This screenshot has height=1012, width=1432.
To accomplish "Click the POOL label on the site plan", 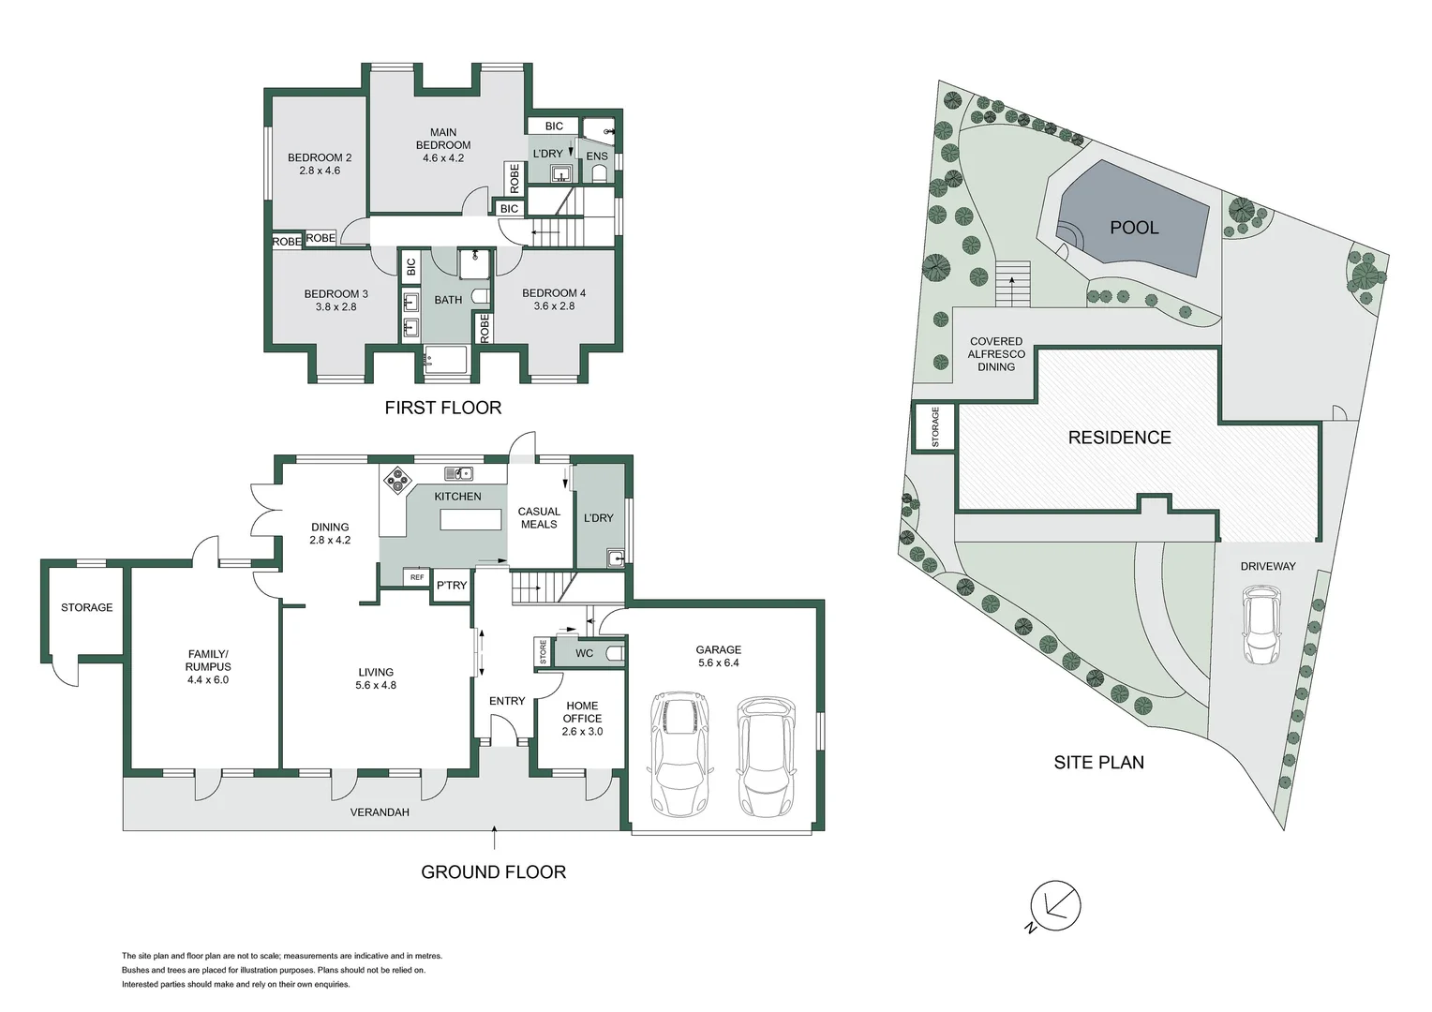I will click(x=1134, y=228).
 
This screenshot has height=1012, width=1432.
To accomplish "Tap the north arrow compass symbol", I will click(x=1055, y=906).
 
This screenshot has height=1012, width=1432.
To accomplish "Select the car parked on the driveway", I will click(x=1261, y=625).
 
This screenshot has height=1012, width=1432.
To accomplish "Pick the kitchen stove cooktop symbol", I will click(x=397, y=480).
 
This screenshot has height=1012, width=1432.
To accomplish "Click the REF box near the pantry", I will click(x=417, y=577).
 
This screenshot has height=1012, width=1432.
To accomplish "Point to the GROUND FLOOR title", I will click(x=493, y=872).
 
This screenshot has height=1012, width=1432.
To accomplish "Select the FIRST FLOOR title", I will click(x=442, y=408).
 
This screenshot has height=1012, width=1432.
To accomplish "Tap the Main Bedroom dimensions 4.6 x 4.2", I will click(x=443, y=158).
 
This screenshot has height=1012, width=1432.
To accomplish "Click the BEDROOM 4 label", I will click(x=554, y=293).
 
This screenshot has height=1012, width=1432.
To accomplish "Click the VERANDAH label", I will click(x=380, y=812).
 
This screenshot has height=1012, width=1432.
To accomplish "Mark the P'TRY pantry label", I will click(x=452, y=586).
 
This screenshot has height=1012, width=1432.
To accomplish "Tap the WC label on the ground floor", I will click(x=584, y=653).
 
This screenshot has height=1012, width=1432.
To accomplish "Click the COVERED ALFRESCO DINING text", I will click(x=996, y=354).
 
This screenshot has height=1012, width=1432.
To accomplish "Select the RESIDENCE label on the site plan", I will click(x=1119, y=438).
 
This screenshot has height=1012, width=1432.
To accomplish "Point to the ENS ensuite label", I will click(x=597, y=156).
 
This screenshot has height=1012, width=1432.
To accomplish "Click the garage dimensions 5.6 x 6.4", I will click(x=718, y=662).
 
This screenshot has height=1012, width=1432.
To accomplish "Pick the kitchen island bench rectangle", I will click(x=470, y=519).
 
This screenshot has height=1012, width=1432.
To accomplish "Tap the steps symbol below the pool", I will click(x=1012, y=284).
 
